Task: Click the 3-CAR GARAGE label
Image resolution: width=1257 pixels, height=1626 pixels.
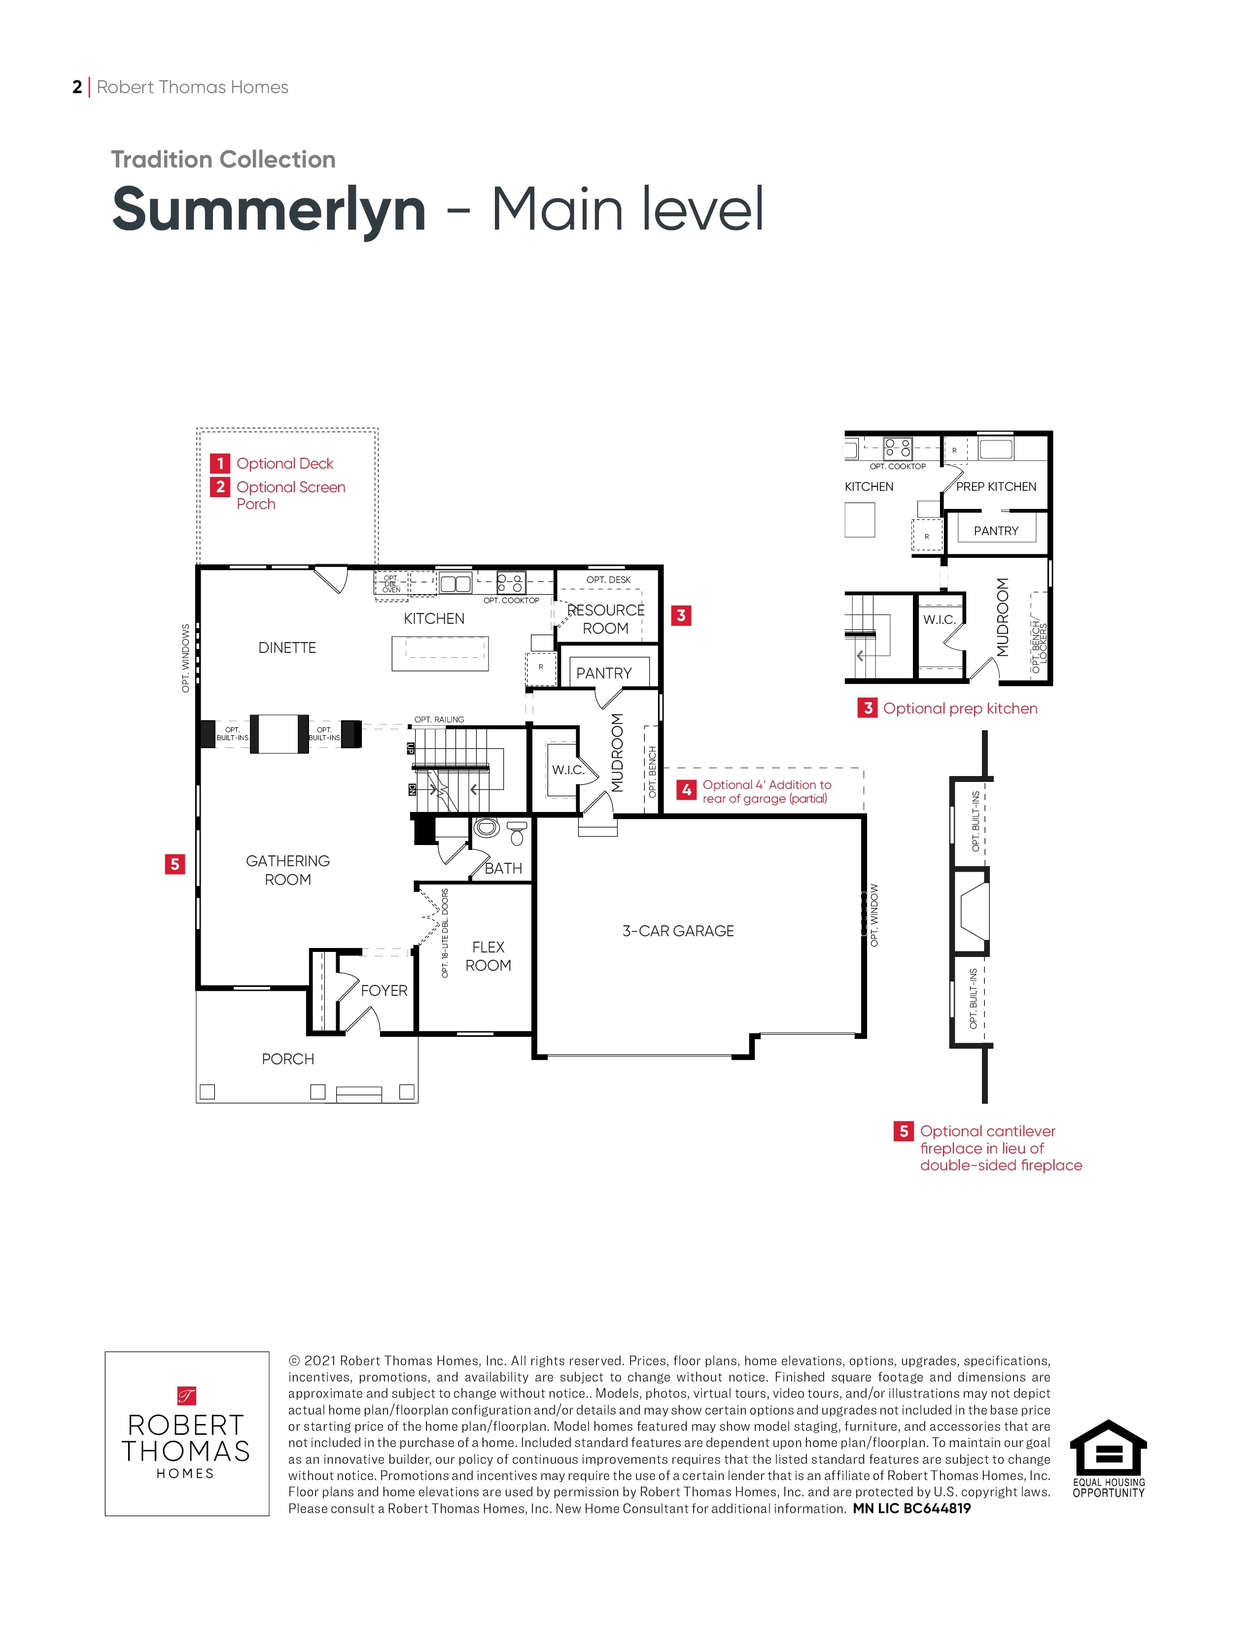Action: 678,931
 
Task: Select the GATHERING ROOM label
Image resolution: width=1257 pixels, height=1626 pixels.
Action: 287,870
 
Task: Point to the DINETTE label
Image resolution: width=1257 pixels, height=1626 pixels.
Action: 287,648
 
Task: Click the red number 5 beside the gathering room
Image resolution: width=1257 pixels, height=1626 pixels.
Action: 175,864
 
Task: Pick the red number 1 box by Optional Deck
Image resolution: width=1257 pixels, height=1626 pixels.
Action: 220,463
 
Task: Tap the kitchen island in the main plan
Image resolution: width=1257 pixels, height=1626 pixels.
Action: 440,654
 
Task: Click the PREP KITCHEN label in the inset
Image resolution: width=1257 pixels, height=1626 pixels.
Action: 996,486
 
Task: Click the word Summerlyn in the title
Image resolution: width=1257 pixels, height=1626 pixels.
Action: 269,210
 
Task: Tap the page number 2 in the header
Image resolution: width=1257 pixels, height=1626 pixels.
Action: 77,87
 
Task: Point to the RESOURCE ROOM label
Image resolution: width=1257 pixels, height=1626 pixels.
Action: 605,619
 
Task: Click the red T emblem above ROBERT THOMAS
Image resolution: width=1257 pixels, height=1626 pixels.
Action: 186,1395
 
